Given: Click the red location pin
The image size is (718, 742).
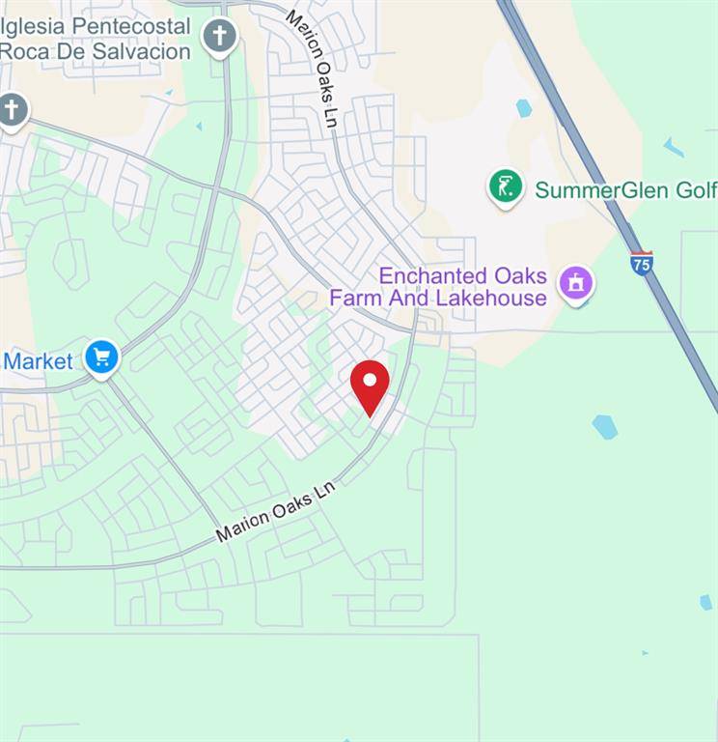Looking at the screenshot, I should pos(370,385).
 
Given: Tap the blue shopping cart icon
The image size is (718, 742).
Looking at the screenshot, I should pos(101,357).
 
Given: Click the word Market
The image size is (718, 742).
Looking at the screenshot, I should pos(39,361).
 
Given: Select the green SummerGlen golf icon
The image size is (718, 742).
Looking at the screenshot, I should pos(506,186).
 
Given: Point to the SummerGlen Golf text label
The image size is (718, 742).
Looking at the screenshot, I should pos(625,189).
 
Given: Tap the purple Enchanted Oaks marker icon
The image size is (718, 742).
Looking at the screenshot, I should pos(576,284).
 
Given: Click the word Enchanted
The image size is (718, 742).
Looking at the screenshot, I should pos(422,275).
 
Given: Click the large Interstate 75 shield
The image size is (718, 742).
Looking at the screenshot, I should pos(642,263).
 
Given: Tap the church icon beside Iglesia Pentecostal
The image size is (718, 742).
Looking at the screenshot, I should pos(220,37).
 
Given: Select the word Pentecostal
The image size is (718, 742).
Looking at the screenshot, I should pos(129,25).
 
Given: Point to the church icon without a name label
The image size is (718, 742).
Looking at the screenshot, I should pos(12,109).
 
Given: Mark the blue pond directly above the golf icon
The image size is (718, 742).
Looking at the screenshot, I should pos(524,108).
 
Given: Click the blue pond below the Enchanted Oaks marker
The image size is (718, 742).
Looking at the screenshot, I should pos(604,426).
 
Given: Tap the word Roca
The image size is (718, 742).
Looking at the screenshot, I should pos(24,51).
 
